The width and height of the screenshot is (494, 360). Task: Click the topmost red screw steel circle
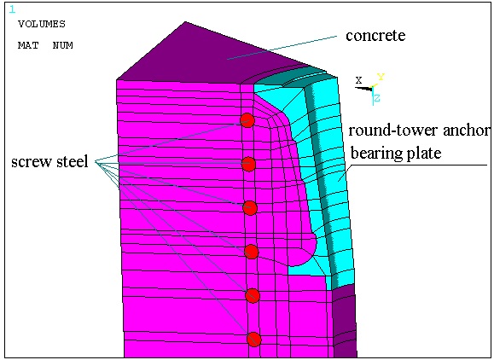point(247,120)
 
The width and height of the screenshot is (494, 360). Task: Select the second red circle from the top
point(248,164)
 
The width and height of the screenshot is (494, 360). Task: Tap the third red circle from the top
point(250,208)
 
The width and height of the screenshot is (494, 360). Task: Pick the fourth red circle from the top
point(252,252)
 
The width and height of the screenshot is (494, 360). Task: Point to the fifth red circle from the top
point(253,296)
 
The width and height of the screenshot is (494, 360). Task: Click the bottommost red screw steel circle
point(254,340)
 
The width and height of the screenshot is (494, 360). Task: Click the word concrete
point(375,35)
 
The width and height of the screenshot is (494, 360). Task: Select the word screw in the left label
point(32,162)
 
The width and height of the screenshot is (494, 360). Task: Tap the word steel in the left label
point(73,161)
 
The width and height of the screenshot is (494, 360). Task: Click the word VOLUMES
point(42,24)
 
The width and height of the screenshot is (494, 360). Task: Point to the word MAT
point(28,45)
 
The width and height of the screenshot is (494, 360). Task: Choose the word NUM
point(63,45)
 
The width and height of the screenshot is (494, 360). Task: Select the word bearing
point(376,154)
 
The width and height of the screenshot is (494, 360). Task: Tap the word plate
point(424,154)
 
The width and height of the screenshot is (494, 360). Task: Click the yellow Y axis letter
point(381,77)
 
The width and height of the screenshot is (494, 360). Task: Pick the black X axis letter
point(359,80)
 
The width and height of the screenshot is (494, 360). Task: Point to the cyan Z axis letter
point(377,98)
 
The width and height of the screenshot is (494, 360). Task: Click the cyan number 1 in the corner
point(12,9)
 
